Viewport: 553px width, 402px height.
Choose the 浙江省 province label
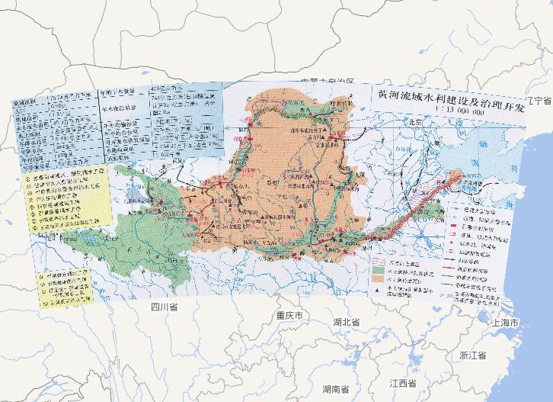(472, 355)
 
